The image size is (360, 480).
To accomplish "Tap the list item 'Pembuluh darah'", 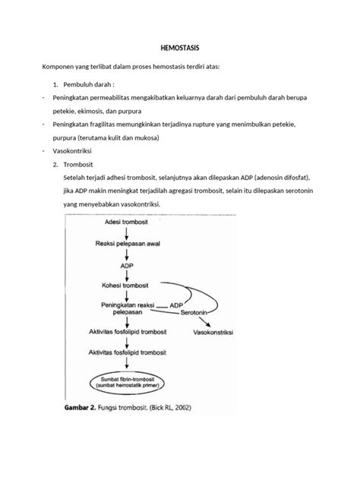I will pos(92,87).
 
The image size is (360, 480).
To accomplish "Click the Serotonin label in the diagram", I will pos(196,312).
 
